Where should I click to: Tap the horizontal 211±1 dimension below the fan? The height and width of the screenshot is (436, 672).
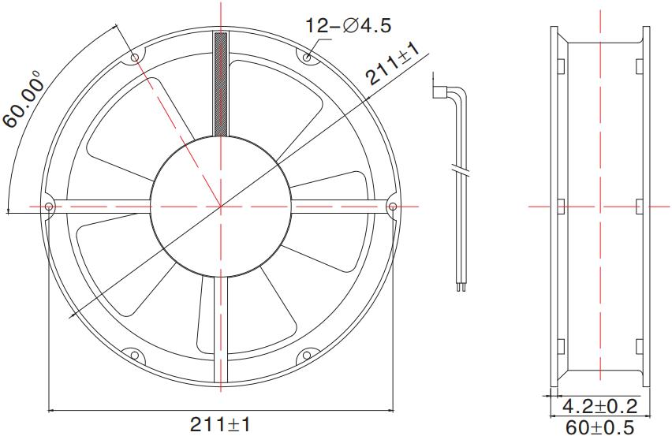click(220, 425)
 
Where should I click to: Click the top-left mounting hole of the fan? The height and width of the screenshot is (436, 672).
click(135, 58)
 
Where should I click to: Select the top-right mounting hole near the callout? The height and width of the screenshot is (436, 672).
click(307, 57)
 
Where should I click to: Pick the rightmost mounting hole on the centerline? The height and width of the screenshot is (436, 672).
click(392, 207)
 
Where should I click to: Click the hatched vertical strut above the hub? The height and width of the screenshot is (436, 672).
click(221, 83)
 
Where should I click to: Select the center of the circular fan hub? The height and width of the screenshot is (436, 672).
click(221, 207)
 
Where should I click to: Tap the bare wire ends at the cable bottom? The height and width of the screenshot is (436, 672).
click(459, 288)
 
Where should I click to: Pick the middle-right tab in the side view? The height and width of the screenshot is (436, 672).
click(638, 207)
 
